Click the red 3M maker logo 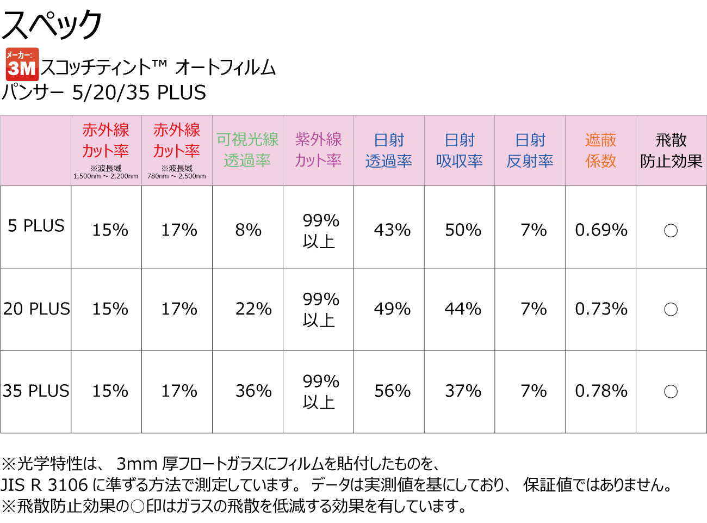[x=22, y=64]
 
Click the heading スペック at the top [x=52, y=24]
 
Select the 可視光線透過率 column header [x=247, y=150]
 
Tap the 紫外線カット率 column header [x=318, y=150]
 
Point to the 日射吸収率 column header [x=460, y=150]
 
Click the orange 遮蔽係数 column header [x=600, y=150]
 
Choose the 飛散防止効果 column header [x=671, y=150]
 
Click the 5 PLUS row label [x=36, y=226]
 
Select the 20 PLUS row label [x=36, y=309]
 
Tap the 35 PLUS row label [x=36, y=391]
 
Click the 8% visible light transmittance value [x=248, y=230]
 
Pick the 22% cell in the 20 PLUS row [x=253, y=309]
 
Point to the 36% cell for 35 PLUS [x=253, y=391]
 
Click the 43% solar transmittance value [x=392, y=230]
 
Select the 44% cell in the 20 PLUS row [x=463, y=309]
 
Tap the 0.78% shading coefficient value [x=601, y=391]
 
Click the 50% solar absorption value [x=463, y=230]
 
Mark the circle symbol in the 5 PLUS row [x=671, y=231]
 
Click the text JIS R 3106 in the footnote [x=45, y=484]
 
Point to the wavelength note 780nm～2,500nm [x=177, y=176]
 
